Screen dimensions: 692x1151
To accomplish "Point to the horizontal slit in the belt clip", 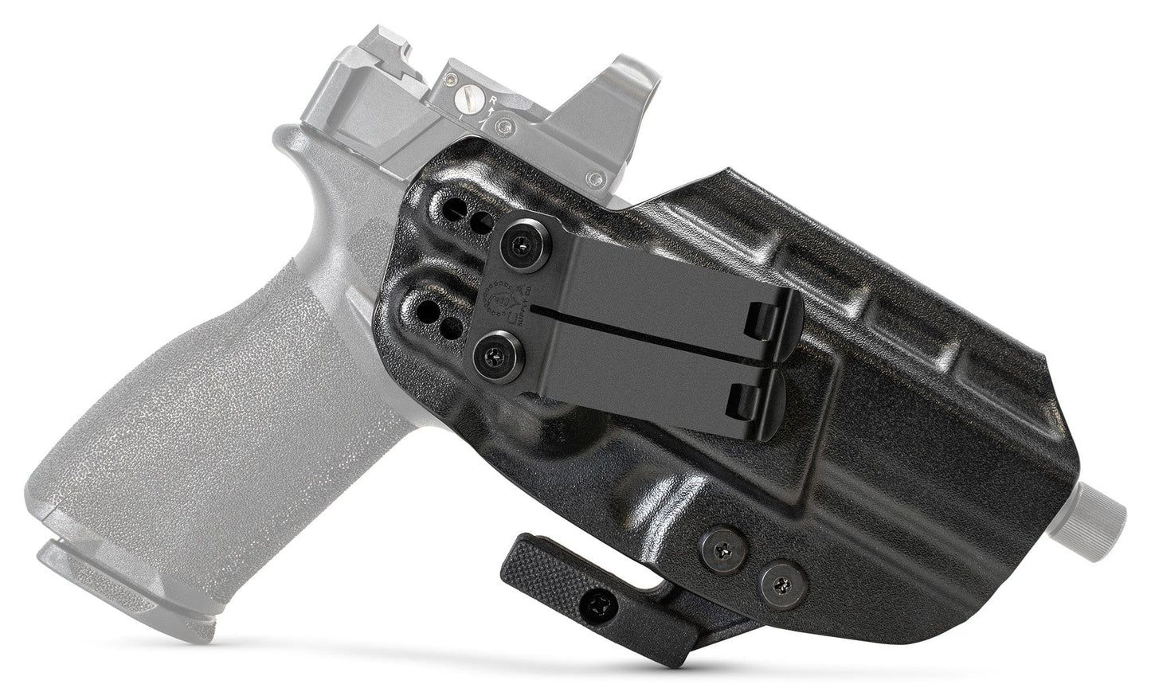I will (653, 306).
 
